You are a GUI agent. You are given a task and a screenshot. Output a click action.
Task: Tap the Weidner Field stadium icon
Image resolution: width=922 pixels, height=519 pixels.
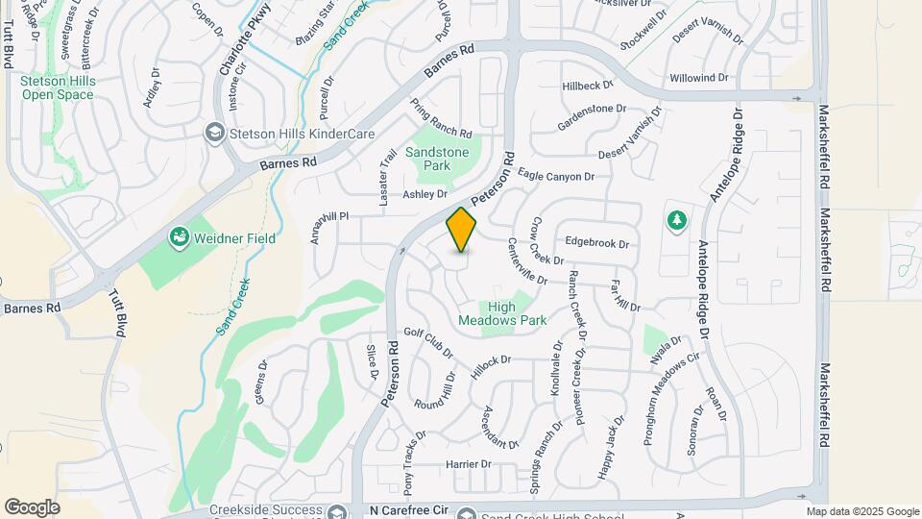(x=178, y=236)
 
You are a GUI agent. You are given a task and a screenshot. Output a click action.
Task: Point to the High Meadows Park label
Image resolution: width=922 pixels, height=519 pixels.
(x=515, y=314)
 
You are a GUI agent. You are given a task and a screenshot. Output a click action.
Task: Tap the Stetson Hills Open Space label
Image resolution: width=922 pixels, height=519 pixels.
(x=58, y=88)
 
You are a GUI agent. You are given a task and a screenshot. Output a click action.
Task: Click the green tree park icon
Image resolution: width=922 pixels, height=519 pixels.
(x=677, y=221)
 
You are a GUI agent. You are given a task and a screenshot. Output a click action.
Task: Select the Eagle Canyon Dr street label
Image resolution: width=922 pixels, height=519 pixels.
(x=557, y=176)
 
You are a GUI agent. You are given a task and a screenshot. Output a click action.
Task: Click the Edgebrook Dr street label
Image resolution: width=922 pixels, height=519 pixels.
(x=596, y=243)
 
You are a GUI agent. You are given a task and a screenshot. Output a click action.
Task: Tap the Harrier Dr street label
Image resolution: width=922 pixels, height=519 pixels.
(x=469, y=464)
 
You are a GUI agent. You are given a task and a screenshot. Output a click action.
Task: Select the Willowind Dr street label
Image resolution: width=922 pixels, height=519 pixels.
(x=699, y=77)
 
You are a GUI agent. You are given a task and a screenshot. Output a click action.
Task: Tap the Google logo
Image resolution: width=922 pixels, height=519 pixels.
(x=32, y=507)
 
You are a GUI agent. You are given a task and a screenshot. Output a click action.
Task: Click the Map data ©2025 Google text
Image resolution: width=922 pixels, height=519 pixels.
(x=862, y=511)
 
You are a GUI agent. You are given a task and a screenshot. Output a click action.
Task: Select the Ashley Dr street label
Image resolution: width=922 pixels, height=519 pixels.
(x=425, y=194)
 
